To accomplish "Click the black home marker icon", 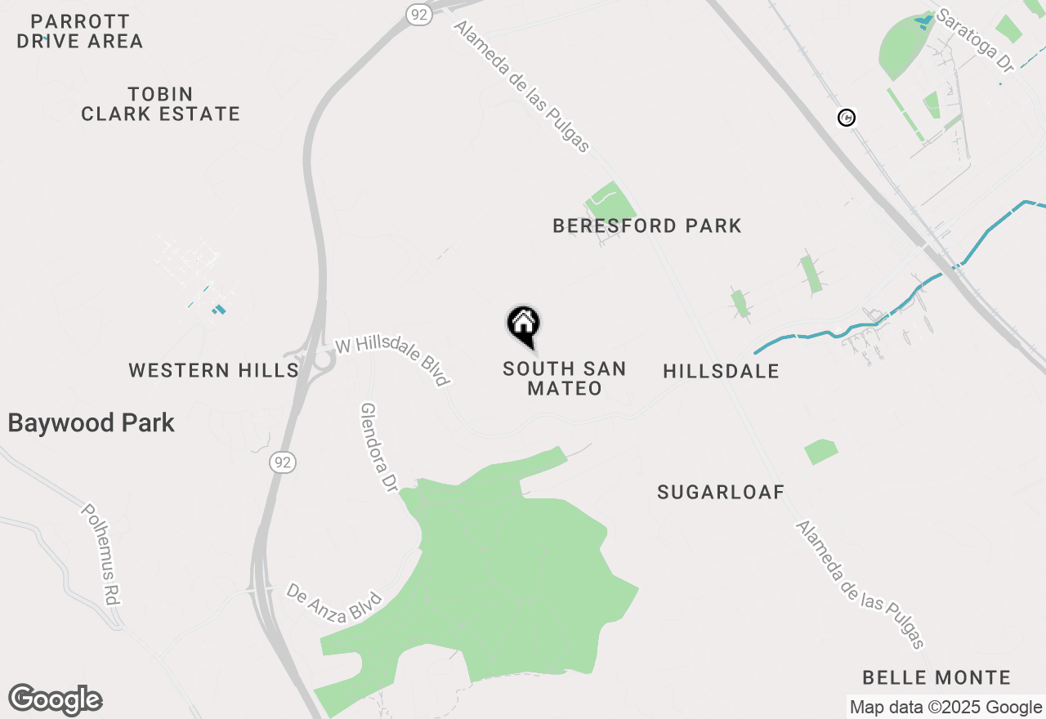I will point(524,326).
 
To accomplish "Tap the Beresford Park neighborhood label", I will point(647,226).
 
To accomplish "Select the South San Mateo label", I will point(565,379).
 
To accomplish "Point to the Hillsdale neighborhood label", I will point(721,372).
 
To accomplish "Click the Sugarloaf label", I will point(721,492).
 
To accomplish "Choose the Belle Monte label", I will point(936,677).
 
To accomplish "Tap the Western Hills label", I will point(213,371).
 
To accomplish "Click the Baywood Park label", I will point(92,423).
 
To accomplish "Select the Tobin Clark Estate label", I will point(161,104).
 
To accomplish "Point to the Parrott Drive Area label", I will point(80,31).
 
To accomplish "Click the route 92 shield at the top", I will point(420,14).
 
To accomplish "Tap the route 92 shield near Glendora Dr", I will point(283,462).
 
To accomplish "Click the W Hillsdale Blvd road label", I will point(393,362).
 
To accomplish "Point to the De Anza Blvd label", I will point(333,602).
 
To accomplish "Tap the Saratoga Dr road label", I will point(975,41).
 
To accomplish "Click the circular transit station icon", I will point(847,118).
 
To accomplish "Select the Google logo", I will point(56,700).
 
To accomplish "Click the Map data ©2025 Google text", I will point(945,708).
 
